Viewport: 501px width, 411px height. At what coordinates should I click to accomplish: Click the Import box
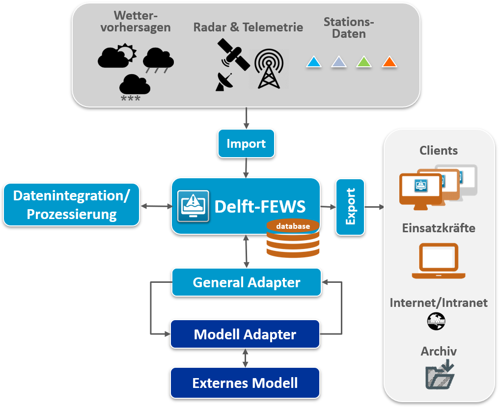point(246,144)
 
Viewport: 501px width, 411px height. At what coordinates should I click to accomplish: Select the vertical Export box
point(350,207)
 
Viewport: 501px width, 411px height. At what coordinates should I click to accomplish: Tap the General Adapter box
point(246,282)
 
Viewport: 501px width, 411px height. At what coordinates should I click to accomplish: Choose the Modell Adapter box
point(245,334)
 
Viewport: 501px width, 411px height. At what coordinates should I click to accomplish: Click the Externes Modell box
point(245,383)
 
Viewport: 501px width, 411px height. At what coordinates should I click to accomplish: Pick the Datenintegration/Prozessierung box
point(71,205)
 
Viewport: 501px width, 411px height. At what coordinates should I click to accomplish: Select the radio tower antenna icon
point(269,69)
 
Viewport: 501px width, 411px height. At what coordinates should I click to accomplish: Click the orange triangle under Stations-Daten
point(389,62)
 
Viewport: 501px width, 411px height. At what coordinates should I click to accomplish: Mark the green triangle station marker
point(363,62)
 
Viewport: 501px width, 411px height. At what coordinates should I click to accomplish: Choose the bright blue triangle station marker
point(313,62)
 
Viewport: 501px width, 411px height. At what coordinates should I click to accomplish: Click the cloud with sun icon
point(116,56)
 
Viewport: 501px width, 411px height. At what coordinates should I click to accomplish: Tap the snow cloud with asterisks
point(135,86)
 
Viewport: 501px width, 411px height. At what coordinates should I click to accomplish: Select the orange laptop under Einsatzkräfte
point(438,261)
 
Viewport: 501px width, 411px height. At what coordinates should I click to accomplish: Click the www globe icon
point(436,322)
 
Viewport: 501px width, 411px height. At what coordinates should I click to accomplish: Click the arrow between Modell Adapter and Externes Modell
point(245,357)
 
